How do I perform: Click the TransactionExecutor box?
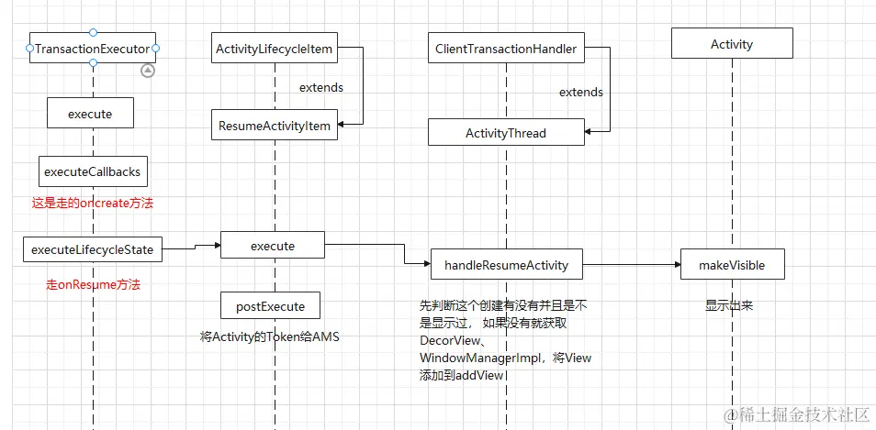point(93,48)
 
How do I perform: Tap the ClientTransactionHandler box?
point(505,48)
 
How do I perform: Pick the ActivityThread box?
point(505,133)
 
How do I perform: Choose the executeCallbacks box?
point(93,171)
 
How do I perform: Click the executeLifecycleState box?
point(92,248)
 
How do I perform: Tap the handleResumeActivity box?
point(506,266)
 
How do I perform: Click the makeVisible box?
point(731,266)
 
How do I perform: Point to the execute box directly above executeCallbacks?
point(90,114)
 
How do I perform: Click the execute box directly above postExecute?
point(272,246)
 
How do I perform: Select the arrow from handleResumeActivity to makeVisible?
point(630,266)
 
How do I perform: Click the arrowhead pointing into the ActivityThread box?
point(589,132)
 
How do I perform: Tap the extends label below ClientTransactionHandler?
point(581,92)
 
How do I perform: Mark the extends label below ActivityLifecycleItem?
point(321,87)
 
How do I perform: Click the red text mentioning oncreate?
point(92,203)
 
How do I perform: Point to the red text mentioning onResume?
point(93,285)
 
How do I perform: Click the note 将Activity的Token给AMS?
point(268,336)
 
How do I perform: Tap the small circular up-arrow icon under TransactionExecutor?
point(148,71)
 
